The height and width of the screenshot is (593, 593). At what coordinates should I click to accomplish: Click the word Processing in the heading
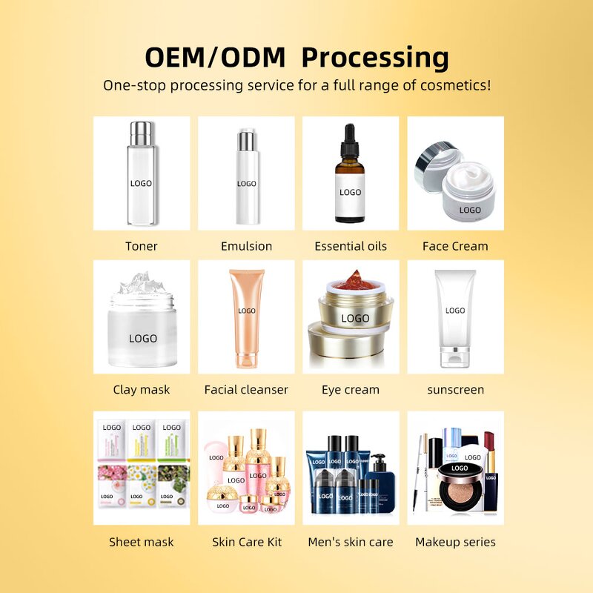375,57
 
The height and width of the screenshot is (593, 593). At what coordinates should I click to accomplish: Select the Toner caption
141,246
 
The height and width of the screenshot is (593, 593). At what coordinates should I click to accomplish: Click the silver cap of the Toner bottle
142,133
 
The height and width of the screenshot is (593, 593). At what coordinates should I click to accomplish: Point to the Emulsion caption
246,246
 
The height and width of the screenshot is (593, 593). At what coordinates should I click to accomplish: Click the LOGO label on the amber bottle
350,192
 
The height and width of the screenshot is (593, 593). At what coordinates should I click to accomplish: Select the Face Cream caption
455,246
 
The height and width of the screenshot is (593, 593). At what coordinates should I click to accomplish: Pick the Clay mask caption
141,389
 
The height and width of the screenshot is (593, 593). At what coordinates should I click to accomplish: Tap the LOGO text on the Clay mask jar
142,339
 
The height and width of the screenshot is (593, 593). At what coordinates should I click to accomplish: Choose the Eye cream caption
350,389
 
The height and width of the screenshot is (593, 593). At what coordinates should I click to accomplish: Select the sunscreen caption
455,389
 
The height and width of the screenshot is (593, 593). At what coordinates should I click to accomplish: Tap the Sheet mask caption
141,542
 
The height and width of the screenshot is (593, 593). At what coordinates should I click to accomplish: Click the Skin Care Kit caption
246,542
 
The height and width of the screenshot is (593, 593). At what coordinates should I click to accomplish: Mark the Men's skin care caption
350,542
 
